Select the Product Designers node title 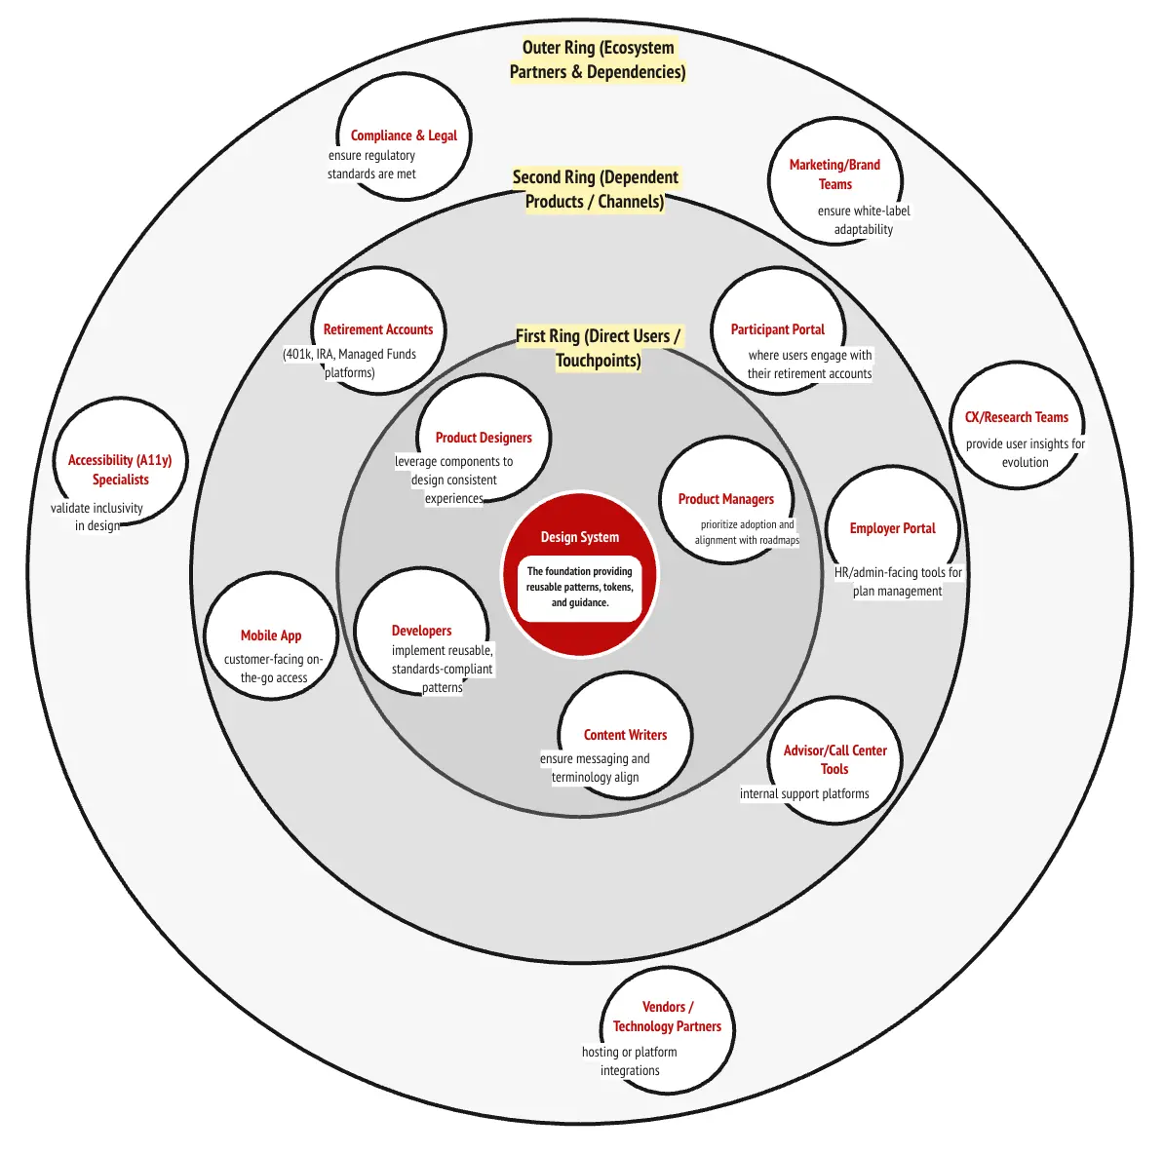pos(484,438)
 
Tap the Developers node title pos(421,631)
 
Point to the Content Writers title pos(625,735)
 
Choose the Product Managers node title pos(726,499)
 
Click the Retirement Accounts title pos(378,329)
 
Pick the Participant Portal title pos(778,329)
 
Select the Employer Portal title pos(892,528)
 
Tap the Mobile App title pos(271,635)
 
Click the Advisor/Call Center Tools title pos(835,759)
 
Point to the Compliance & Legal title pos(404,135)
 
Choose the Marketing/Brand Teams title pos(834,174)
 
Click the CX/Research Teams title pos(1017,417)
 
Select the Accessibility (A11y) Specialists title pos(120,470)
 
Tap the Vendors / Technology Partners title pos(667,1017)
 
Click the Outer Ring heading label pos(598,59)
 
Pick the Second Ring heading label pos(596,189)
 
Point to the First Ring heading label pos(598,348)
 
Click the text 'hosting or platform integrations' pos(630,1061)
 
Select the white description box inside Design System pos(580,588)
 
